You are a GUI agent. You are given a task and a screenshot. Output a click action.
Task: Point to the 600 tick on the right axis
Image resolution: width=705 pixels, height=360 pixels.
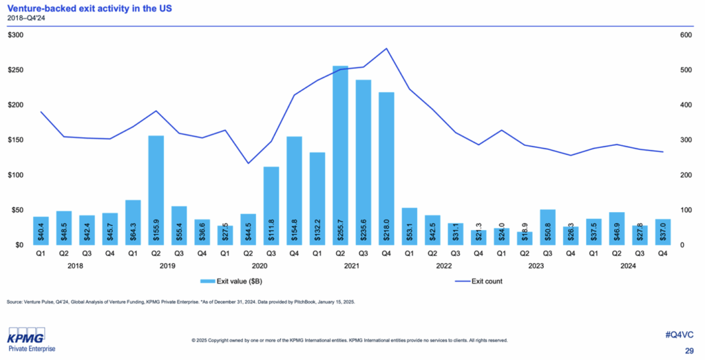686,35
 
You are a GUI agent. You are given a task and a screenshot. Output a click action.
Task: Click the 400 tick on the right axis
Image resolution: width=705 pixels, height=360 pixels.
686,105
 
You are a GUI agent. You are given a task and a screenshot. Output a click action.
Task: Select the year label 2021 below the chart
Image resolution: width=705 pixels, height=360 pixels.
351,266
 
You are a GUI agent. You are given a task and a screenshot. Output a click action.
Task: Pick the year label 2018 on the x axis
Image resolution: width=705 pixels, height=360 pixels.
74,266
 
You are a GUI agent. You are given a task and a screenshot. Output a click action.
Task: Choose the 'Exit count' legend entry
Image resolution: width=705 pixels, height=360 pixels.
482,282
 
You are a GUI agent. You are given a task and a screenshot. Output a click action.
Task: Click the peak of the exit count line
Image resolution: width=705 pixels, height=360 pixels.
387,48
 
